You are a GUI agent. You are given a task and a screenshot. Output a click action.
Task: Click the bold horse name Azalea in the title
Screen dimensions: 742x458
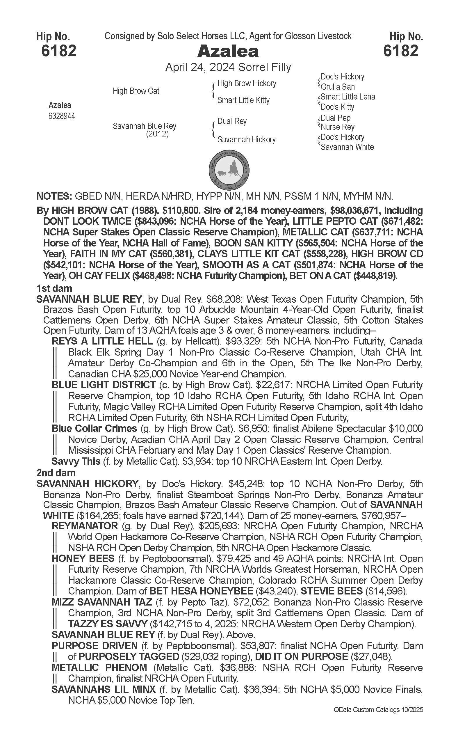228,52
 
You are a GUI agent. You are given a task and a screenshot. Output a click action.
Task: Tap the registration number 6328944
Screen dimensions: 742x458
61,116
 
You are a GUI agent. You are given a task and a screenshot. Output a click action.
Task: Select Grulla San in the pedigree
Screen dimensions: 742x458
337,87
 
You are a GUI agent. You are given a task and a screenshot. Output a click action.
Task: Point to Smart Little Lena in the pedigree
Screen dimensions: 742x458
348,97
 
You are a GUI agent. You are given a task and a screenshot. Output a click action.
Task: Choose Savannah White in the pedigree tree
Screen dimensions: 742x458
347,147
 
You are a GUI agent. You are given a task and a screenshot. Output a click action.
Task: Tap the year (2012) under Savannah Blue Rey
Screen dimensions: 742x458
157,134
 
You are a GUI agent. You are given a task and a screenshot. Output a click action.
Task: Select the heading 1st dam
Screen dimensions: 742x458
54,288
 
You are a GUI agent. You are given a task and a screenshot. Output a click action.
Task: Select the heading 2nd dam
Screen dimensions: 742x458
56,473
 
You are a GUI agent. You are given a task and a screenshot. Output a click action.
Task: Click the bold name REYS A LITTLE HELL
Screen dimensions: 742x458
102,341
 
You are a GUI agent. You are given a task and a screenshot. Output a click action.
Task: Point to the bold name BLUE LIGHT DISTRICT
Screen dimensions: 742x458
104,385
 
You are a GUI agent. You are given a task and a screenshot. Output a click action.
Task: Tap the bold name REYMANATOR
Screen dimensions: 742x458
85,526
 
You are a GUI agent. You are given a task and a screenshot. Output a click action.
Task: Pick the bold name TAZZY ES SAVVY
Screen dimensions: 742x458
108,624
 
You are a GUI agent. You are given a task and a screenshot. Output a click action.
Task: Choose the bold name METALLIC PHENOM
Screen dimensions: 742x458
99,668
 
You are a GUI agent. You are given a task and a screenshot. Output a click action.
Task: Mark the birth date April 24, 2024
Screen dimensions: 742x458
200,67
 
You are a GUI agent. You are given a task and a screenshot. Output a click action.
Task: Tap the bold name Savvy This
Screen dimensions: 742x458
76,461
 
